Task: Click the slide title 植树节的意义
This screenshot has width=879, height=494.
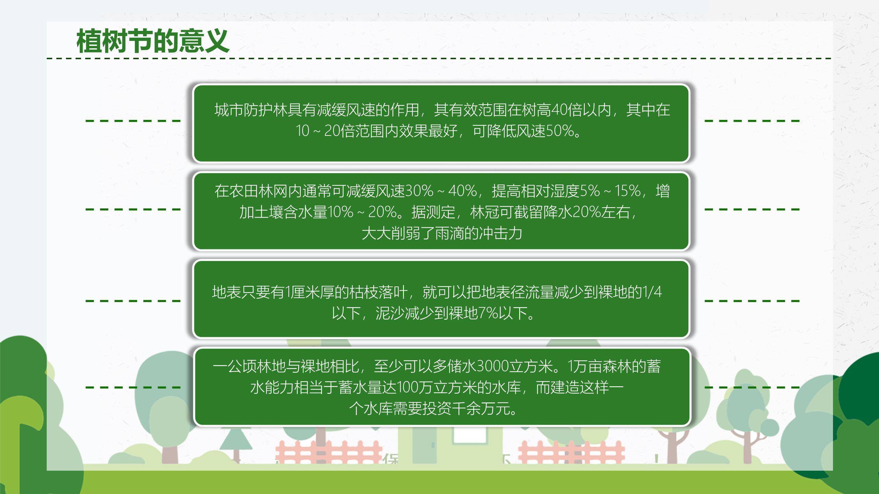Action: (152, 41)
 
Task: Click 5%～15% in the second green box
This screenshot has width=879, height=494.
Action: (610, 191)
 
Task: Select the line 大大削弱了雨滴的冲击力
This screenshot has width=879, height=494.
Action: (442, 234)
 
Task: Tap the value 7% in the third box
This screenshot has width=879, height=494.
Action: (488, 313)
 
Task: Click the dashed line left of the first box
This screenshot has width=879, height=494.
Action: (133, 120)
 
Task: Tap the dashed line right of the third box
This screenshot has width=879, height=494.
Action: (752, 301)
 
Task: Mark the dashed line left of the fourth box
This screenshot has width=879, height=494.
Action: (133, 388)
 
